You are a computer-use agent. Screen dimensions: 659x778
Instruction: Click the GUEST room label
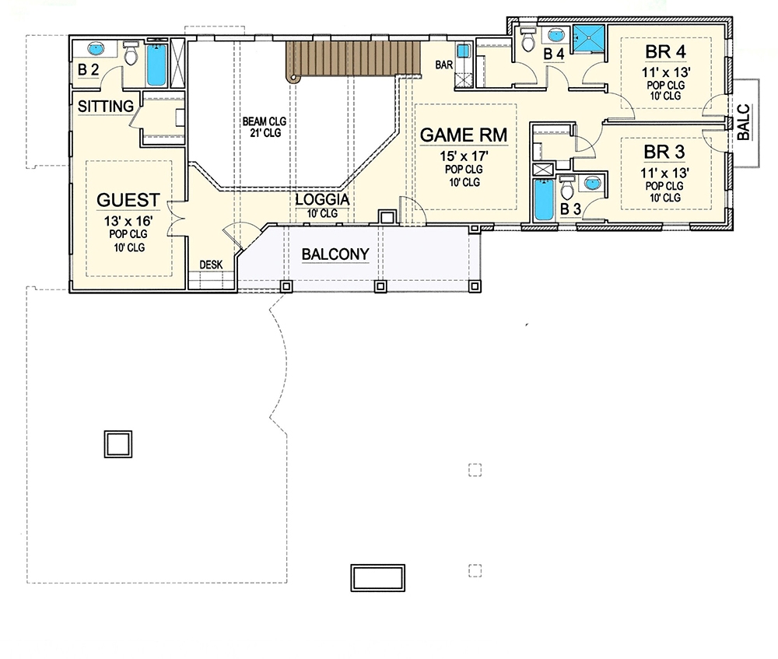(128, 199)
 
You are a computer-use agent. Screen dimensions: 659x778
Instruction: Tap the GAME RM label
(464, 135)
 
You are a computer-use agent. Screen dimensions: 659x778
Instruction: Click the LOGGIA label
(321, 200)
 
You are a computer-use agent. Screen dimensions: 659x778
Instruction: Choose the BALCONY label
(335, 254)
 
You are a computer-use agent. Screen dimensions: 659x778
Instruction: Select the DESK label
(211, 265)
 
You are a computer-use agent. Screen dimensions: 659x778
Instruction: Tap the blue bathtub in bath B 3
(542, 201)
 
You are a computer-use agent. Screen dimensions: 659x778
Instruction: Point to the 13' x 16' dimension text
(128, 220)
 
